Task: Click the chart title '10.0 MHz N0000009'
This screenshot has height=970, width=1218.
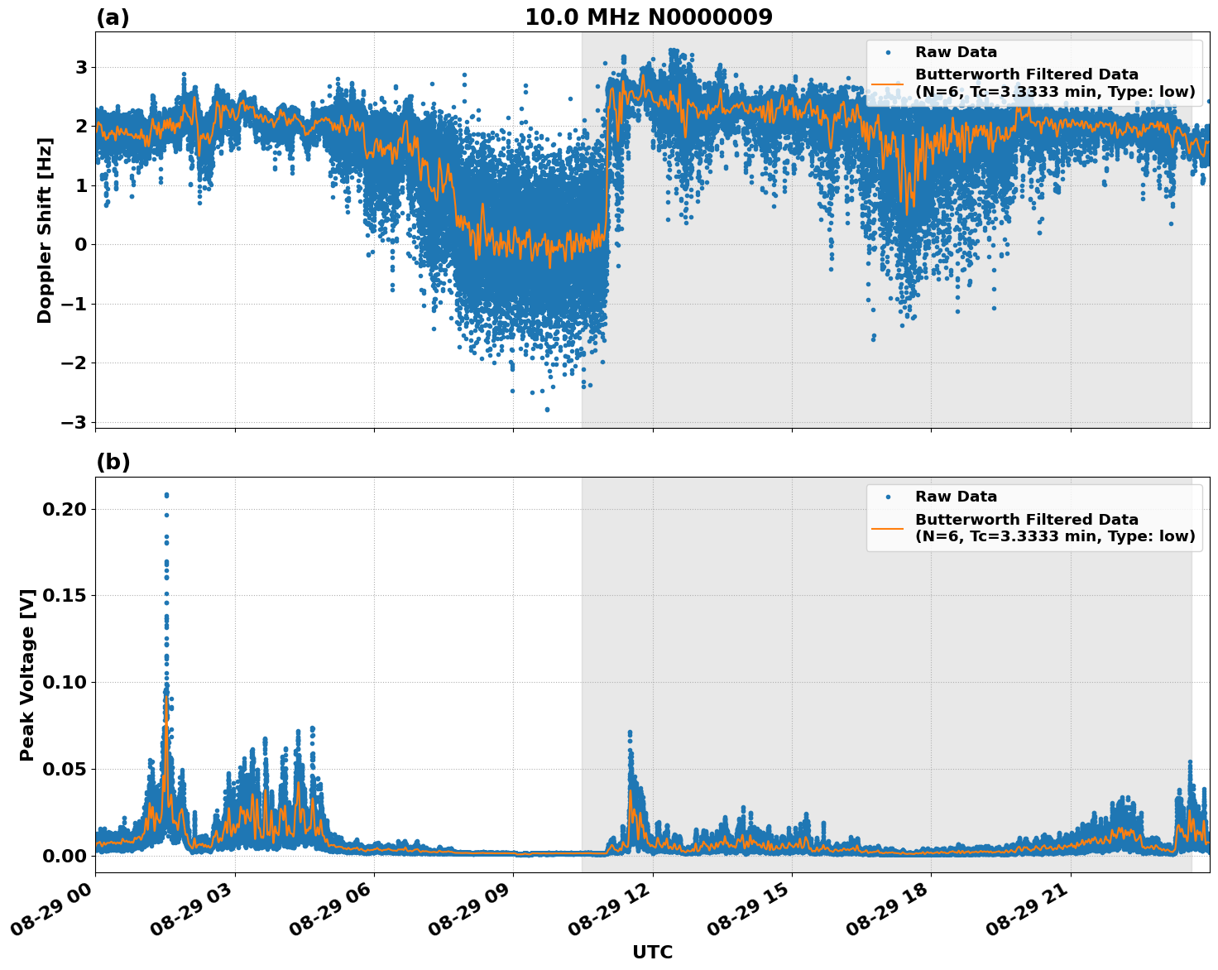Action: coord(648,17)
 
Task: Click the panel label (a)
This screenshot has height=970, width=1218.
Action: coord(113,17)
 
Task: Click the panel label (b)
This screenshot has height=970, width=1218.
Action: coord(113,462)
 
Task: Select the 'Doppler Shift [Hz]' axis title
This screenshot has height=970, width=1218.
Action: coord(45,230)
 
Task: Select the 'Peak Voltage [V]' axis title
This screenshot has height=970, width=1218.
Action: coord(27,675)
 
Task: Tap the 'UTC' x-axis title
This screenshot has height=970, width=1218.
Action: coord(652,952)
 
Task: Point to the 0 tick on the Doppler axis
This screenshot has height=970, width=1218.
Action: coord(80,244)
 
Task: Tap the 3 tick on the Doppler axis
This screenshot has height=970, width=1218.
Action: coord(80,67)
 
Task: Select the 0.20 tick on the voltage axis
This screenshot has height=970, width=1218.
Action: coord(65,509)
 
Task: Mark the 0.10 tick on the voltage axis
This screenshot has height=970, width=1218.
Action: coord(65,682)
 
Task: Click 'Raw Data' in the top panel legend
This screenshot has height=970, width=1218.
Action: coord(956,52)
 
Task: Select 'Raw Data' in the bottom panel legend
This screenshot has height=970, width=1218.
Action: coord(956,497)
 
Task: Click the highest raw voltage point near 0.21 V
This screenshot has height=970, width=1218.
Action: coord(166,495)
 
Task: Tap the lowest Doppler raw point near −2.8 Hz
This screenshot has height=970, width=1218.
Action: coord(547,409)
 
